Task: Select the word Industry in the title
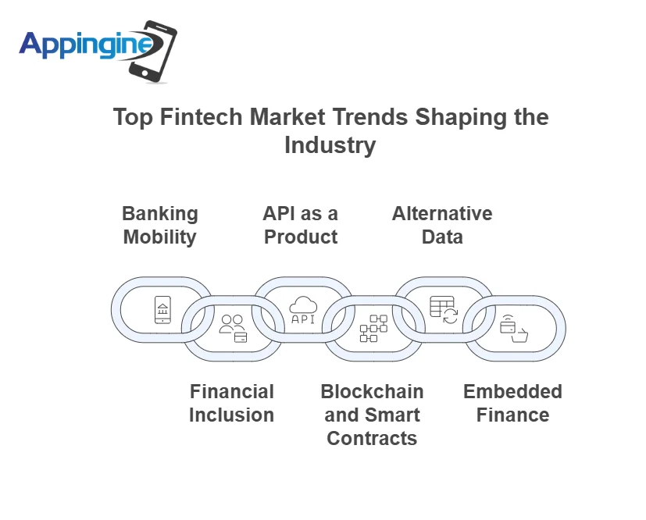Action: pos(330,145)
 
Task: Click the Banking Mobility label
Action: pos(160,225)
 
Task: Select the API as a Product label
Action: pos(301,225)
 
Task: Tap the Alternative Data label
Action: pos(442,225)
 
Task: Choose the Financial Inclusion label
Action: pos(231,403)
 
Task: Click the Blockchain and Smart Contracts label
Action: pos(372,415)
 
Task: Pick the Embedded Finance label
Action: pos(512,403)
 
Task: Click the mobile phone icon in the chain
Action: pos(162,309)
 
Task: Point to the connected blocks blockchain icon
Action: pos(373,329)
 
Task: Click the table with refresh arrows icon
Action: pos(443,309)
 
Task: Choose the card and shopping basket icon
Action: pos(513,329)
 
